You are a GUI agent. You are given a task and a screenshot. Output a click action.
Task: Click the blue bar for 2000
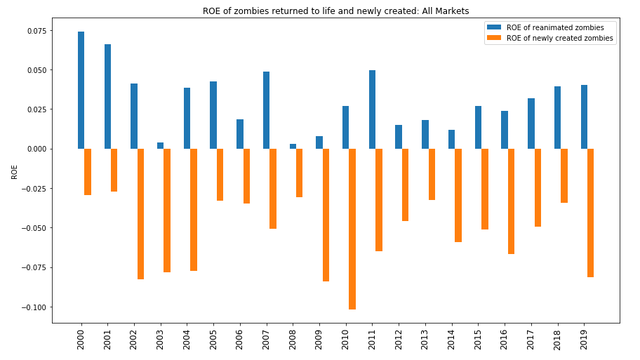pyautogui.click(x=81, y=90)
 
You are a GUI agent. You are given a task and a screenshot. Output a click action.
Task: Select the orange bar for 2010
pyautogui.click(x=352, y=229)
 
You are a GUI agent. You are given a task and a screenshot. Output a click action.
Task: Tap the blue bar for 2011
pyautogui.click(x=372, y=109)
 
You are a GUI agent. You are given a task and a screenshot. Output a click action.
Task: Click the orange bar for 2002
pyautogui.click(x=140, y=214)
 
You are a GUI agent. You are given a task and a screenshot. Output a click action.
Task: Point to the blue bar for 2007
pyautogui.click(x=266, y=110)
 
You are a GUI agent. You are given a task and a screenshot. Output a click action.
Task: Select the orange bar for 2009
pyautogui.click(x=326, y=215)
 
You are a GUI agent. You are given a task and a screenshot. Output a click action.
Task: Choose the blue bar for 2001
pyautogui.click(x=107, y=96)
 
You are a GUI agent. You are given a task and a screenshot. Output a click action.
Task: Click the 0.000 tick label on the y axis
pyautogui.click(x=36, y=149)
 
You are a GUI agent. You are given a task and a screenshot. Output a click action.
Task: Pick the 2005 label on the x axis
pyautogui.click(x=213, y=340)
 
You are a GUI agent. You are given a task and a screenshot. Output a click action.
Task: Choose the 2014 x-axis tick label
pyautogui.click(x=451, y=340)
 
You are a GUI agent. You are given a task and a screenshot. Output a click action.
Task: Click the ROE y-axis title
pyautogui.click(x=15, y=172)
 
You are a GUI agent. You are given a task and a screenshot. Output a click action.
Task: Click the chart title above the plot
pyautogui.click(x=335, y=11)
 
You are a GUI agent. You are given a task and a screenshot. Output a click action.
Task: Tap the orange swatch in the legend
pyautogui.click(x=494, y=38)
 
